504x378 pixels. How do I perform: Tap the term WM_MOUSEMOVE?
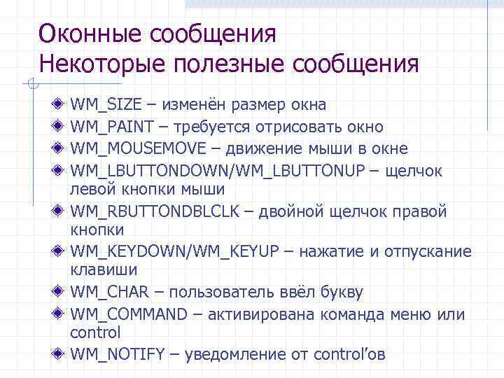(x=138, y=148)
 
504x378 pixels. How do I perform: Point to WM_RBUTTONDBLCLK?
(x=147, y=211)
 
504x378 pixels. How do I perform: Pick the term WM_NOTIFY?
(x=118, y=354)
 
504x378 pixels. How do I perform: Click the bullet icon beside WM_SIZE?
(x=59, y=105)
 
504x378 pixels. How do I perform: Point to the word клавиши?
(x=104, y=269)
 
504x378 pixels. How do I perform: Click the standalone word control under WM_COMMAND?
(x=95, y=332)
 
